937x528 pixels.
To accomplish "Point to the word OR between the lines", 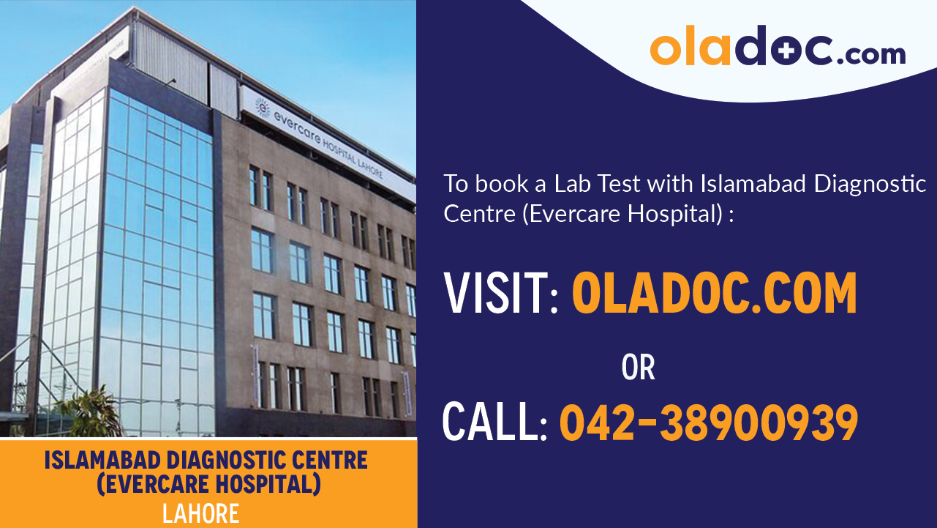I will pos(638,368).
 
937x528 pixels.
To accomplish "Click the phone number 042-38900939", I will pos(708,423).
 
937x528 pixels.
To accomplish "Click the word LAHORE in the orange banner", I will pos(200,513).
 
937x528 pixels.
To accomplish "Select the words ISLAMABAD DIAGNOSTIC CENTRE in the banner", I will pos(206,461).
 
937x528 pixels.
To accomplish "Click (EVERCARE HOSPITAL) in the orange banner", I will pos(207,484).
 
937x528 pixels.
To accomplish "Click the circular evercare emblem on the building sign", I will pos(262,107).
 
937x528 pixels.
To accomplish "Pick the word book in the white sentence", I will pos(497,185).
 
